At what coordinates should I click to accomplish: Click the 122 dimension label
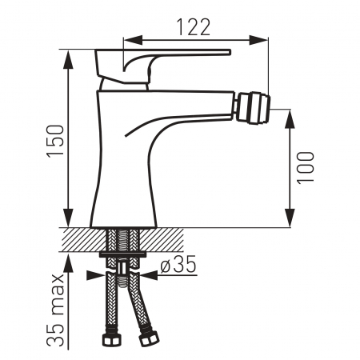(194, 27)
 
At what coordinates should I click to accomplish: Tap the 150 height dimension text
(56, 141)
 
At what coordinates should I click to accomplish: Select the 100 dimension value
(306, 168)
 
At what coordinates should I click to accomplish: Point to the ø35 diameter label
(178, 264)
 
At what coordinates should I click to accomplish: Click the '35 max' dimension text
(56, 310)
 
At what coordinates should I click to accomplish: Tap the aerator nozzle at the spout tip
(254, 108)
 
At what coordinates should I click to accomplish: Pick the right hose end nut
(149, 338)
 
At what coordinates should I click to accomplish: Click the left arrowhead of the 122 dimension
(133, 40)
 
